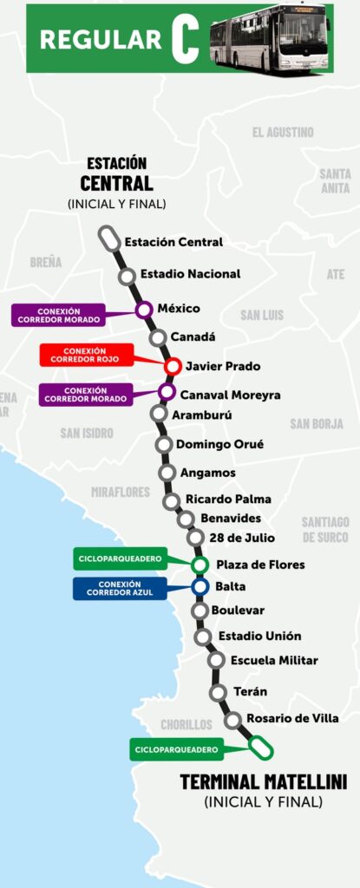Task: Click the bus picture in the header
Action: (x=271, y=37)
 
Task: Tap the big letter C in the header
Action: (x=185, y=38)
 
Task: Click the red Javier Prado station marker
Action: (x=173, y=366)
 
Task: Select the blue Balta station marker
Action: (x=200, y=587)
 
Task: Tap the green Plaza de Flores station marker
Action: (x=200, y=565)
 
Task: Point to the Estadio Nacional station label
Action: (x=190, y=274)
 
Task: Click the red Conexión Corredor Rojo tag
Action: (x=86, y=355)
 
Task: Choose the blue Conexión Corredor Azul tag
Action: (x=120, y=589)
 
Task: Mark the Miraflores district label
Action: (x=121, y=493)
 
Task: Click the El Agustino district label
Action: (x=283, y=133)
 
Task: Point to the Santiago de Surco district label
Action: (x=325, y=529)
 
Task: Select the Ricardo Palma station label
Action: (x=228, y=499)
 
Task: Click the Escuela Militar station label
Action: (x=274, y=661)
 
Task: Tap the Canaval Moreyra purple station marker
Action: (x=167, y=392)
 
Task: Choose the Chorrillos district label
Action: (x=186, y=725)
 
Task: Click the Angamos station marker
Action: (x=167, y=473)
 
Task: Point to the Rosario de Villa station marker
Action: (x=232, y=720)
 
